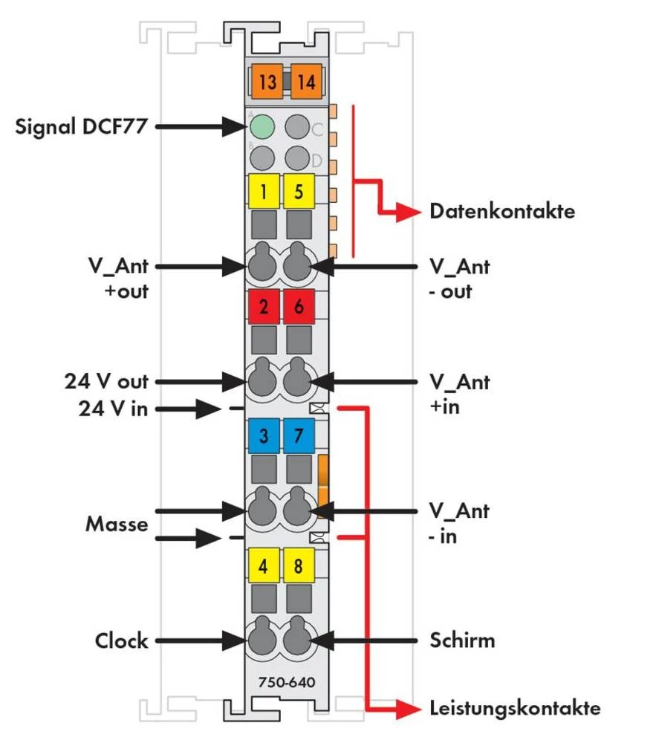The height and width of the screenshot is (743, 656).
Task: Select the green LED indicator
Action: coord(262,127)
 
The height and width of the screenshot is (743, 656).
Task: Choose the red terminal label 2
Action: coord(264,307)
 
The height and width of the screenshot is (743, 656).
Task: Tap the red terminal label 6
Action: coord(299,307)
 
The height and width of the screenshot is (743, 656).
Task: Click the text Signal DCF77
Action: coord(82,126)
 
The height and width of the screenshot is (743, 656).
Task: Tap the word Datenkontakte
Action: coord(502,211)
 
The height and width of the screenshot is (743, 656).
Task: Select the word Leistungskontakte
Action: coord(515,707)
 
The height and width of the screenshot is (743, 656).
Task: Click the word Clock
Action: coord(121,640)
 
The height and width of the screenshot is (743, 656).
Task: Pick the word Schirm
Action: coord(462,640)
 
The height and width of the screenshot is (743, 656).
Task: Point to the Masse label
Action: coord(117,523)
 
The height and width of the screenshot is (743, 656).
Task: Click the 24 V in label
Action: coord(114,408)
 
